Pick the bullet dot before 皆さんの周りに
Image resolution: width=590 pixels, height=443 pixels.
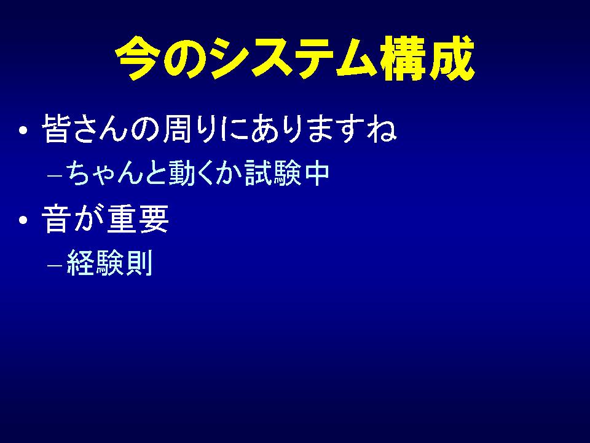(x=23, y=130)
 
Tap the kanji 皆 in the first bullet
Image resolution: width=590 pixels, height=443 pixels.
(x=56, y=129)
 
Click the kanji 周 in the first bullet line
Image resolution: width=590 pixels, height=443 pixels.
(x=177, y=129)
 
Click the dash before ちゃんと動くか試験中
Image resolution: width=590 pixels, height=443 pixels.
(x=54, y=175)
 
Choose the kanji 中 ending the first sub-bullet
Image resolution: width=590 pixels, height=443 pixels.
(x=317, y=174)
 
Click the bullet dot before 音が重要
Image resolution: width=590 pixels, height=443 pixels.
(x=23, y=220)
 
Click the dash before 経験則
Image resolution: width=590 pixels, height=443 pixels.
(x=54, y=265)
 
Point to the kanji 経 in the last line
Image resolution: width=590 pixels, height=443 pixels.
(x=80, y=263)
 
